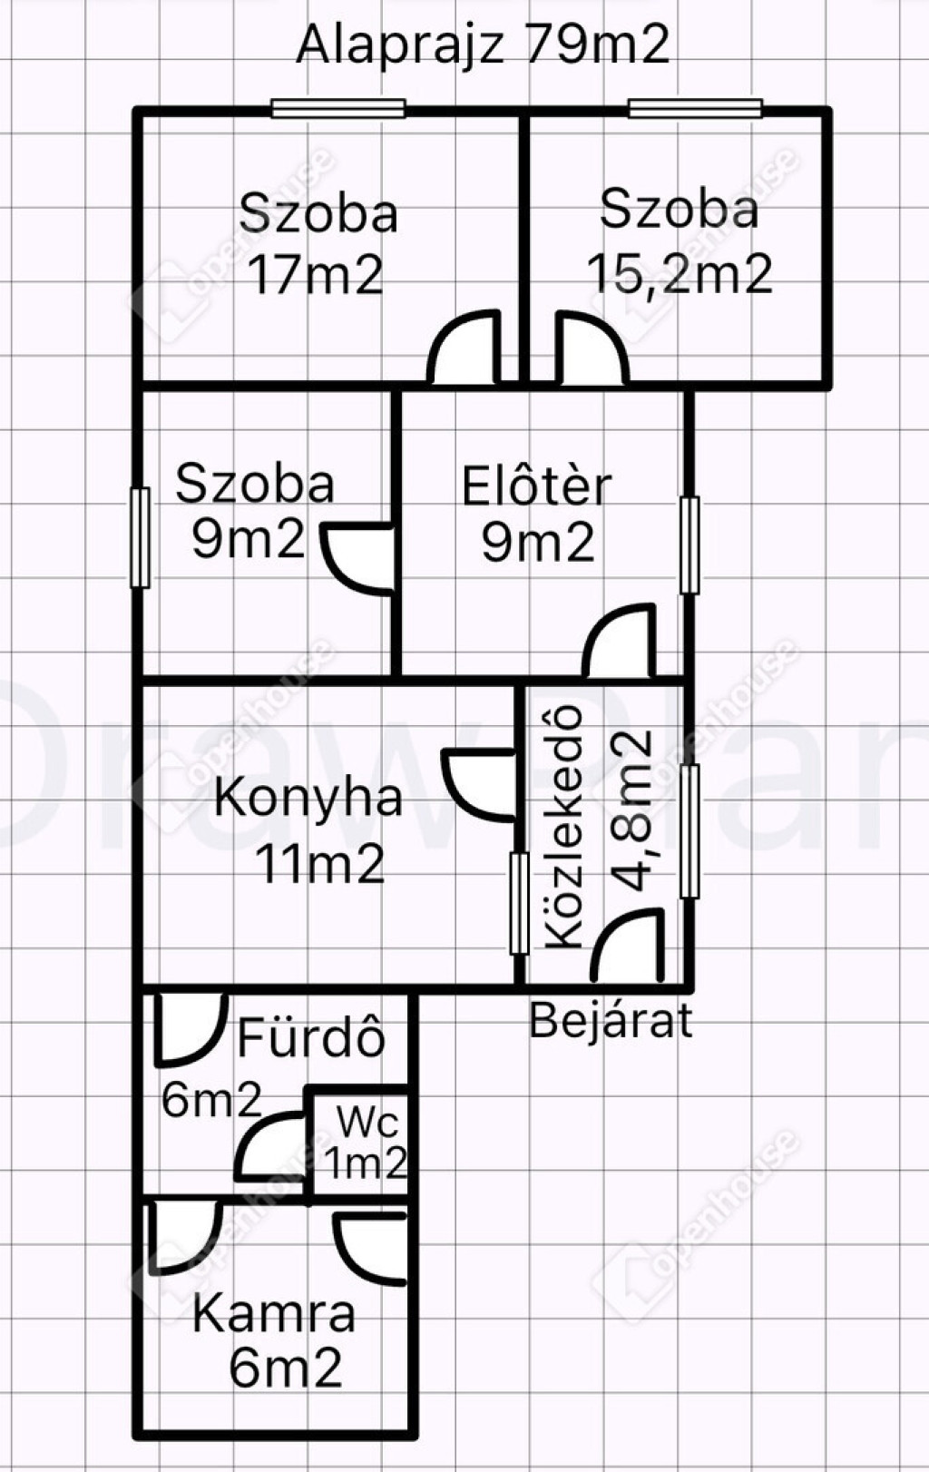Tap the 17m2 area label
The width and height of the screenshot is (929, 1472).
[x=317, y=275]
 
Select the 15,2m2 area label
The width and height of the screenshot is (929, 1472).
[x=680, y=273]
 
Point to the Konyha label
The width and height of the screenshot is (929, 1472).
[x=308, y=798]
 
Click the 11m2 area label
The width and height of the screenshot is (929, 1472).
[x=320, y=863]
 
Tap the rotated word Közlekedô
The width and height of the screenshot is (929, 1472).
[x=564, y=828]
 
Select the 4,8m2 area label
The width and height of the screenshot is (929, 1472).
[x=631, y=810]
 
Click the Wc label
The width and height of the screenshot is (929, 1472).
[x=368, y=1122]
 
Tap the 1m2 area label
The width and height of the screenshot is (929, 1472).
[x=366, y=1163]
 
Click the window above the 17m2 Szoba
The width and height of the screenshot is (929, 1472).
[x=338, y=108]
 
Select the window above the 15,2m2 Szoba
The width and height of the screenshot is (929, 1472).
[x=696, y=108]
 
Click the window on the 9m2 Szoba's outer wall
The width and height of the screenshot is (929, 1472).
[x=141, y=537]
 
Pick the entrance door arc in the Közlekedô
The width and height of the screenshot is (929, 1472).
[x=613, y=926]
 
